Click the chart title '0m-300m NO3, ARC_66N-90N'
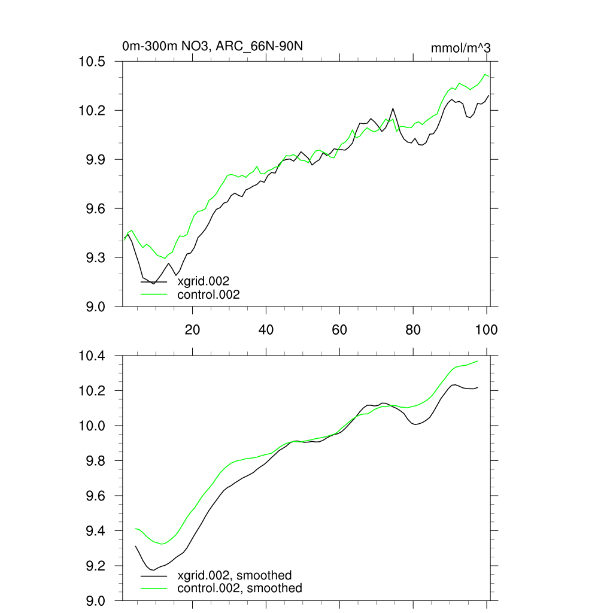coord(216,46)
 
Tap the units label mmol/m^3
coord(461,48)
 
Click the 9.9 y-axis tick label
coord(96,160)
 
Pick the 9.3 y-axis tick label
coord(96,257)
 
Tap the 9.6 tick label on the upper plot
coord(96,209)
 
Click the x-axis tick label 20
coord(192,330)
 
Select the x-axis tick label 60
coord(339,330)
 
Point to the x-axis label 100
coord(486,330)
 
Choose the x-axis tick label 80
coord(413,330)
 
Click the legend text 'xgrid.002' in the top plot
coord(204,281)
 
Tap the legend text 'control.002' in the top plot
coord(208,294)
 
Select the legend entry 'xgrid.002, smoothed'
coord(234,575)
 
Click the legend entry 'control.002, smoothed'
coord(239,588)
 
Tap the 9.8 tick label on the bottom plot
coord(96,461)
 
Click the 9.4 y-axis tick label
coord(96,532)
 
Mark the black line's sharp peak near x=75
coord(393,108)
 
